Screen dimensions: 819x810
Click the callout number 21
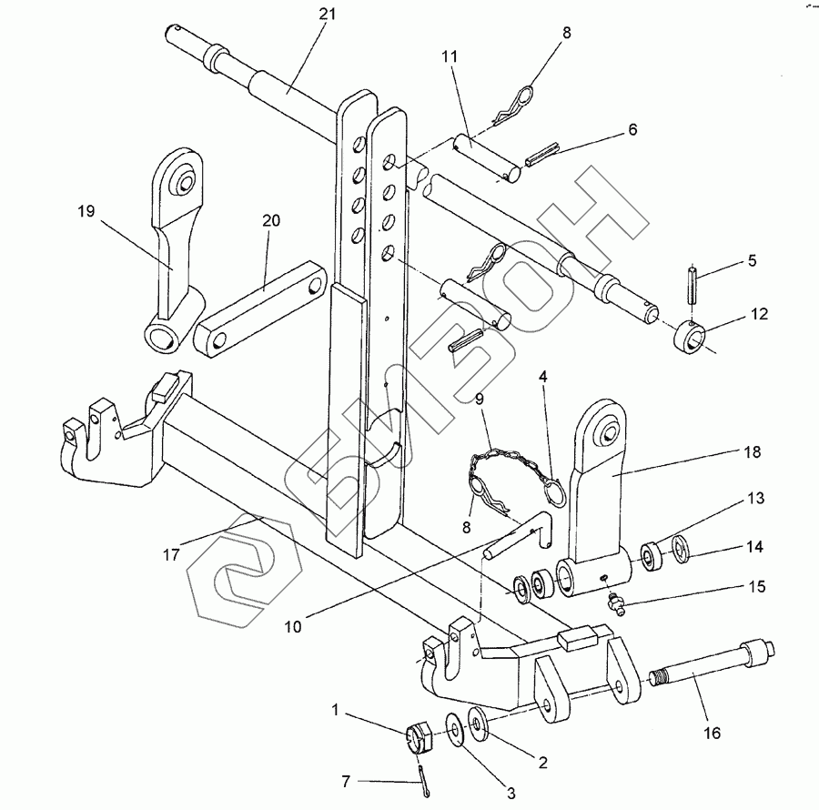coord(328,14)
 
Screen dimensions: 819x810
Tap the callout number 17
coord(171,554)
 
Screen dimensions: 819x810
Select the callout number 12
coord(760,314)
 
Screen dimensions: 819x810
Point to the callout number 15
coord(757,586)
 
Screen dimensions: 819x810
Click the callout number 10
coord(293,626)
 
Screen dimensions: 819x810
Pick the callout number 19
coord(86,211)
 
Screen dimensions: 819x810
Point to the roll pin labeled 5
coord(693,285)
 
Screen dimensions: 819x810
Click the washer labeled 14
coord(680,549)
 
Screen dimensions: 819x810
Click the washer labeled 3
coord(453,727)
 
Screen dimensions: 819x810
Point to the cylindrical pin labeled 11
coord(486,157)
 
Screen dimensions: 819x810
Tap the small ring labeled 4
coord(557,491)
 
